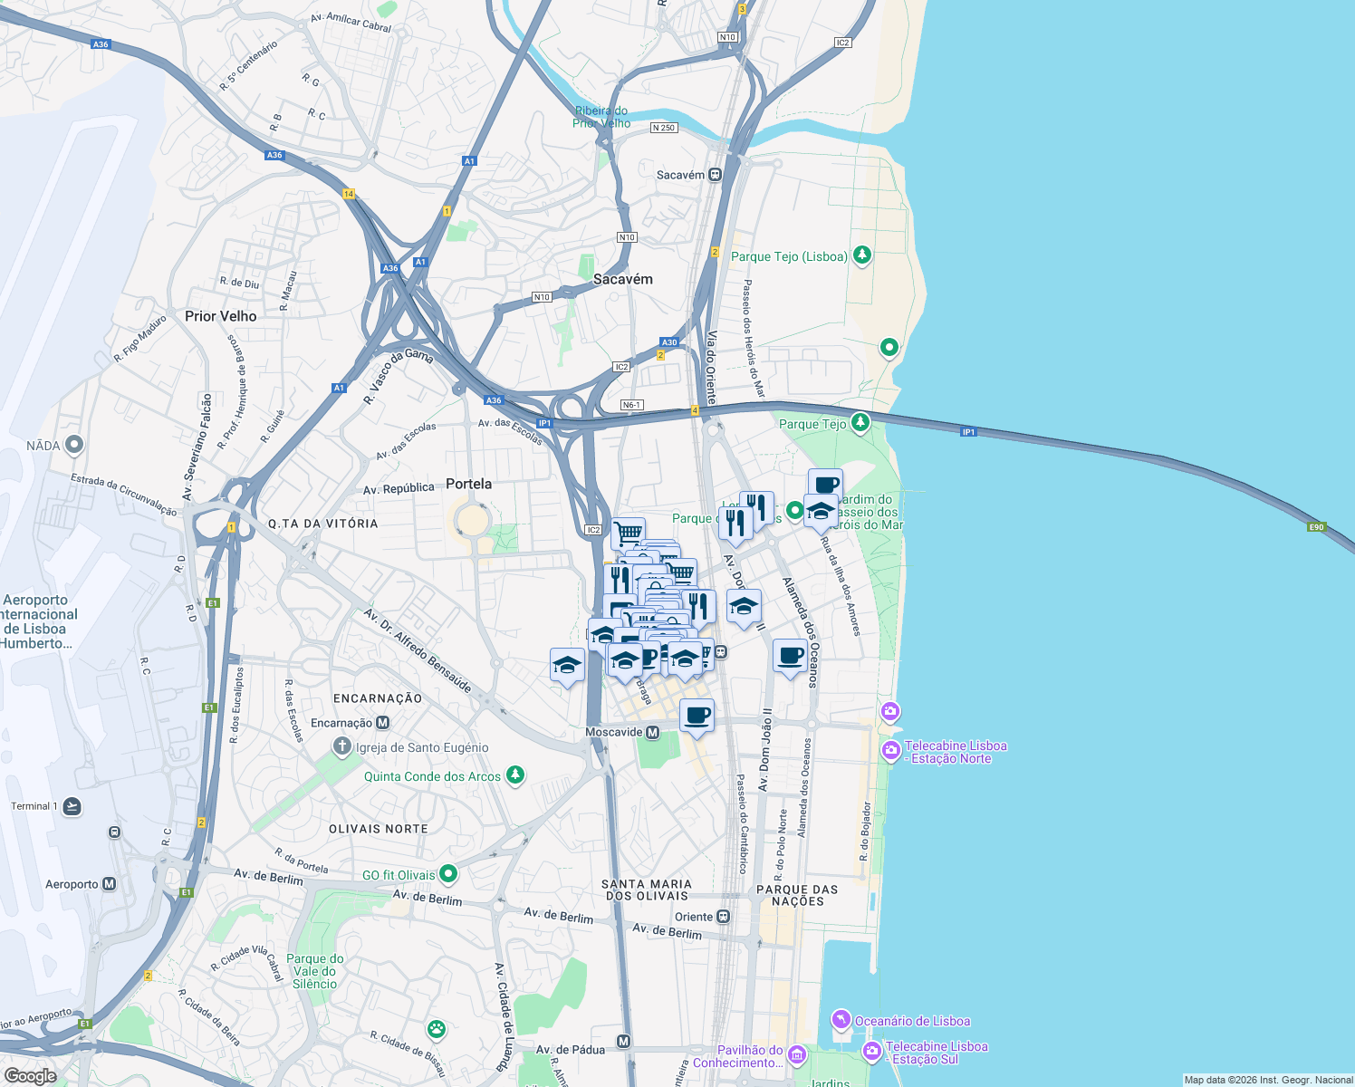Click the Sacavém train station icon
[x=715, y=175]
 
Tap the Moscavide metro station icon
[x=652, y=732]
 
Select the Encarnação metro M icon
[x=382, y=723]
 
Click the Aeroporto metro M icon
[x=110, y=884]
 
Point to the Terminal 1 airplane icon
[x=72, y=806]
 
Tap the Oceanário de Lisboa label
[x=912, y=1021]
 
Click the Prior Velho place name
[x=220, y=316]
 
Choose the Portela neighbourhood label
[x=468, y=484]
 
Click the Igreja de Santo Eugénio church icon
[x=341, y=747]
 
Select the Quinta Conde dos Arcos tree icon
[x=515, y=775]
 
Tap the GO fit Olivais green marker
[x=448, y=874]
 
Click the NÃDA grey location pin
[x=74, y=445]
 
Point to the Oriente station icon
[x=723, y=917]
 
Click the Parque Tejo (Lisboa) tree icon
[x=862, y=255]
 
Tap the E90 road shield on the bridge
[x=1316, y=526]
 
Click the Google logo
[x=30, y=1075]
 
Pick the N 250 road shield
[x=664, y=128]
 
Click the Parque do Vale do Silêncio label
[x=314, y=971]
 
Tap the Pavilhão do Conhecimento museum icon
[x=796, y=1054]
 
